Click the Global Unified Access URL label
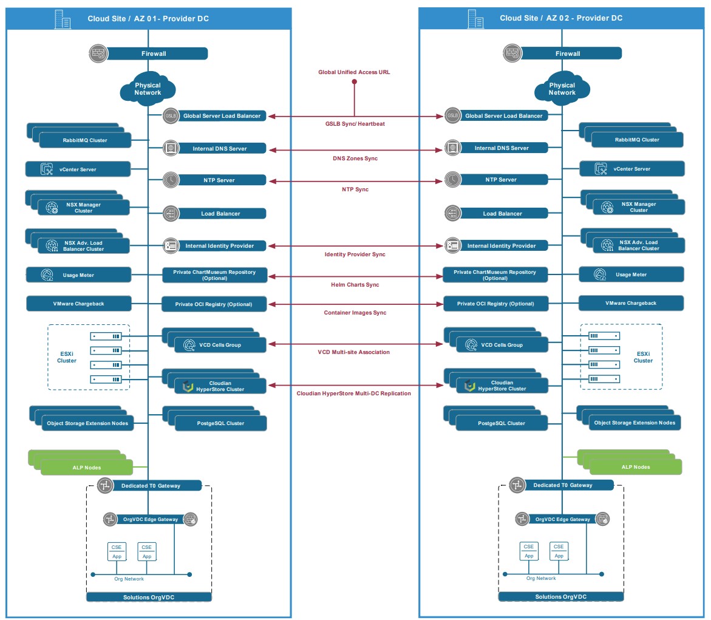[354, 72]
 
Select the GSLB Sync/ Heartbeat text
[355, 124]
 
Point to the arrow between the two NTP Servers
[355, 180]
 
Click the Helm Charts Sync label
[355, 285]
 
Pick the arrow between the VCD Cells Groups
[355, 344]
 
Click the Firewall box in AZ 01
[154, 54]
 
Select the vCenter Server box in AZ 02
[631, 169]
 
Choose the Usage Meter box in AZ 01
[79, 275]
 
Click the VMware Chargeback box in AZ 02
[631, 303]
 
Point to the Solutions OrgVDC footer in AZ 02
[560, 597]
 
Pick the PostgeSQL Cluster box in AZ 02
[501, 423]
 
